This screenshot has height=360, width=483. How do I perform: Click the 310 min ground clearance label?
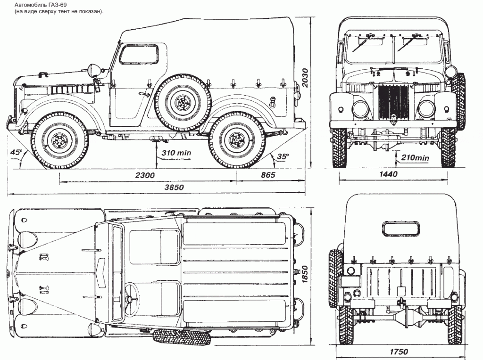[176, 153]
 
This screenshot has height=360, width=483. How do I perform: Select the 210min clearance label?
[415, 157]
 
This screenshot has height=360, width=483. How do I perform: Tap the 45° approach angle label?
[17, 153]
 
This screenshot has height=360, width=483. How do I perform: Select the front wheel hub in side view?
[59, 140]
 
